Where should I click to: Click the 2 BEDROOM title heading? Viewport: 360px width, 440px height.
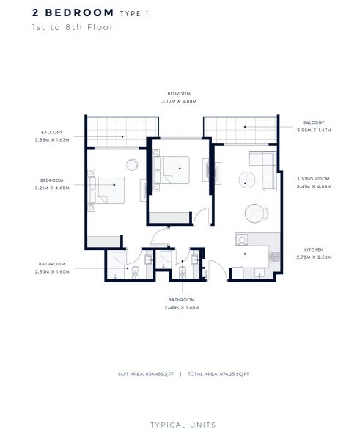[73, 13]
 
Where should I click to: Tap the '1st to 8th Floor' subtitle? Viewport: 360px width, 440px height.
[73, 27]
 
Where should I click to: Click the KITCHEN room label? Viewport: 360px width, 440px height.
[314, 249]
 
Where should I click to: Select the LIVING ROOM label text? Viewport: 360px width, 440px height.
[314, 179]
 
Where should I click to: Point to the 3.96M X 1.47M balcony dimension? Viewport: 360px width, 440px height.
[314, 131]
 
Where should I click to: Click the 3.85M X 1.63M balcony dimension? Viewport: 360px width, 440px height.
[52, 140]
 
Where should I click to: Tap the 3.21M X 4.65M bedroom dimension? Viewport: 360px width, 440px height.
[52, 188]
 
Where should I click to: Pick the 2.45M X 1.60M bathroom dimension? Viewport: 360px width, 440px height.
[182, 307]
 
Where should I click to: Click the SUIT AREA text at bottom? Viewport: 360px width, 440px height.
[146, 374]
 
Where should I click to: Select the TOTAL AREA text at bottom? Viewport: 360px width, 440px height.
[218, 374]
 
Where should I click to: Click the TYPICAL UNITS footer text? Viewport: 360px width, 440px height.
[183, 425]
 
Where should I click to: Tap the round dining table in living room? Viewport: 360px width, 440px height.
[254, 213]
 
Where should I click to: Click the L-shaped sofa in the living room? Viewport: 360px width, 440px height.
[265, 169]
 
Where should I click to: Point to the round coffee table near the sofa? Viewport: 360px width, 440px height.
[247, 180]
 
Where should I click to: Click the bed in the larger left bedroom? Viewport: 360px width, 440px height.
[106, 190]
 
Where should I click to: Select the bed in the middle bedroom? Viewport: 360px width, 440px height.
[172, 170]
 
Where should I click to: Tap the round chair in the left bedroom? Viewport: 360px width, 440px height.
[132, 165]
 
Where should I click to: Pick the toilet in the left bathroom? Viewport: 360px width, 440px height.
[136, 273]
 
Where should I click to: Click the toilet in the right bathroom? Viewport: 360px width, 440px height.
[183, 273]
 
